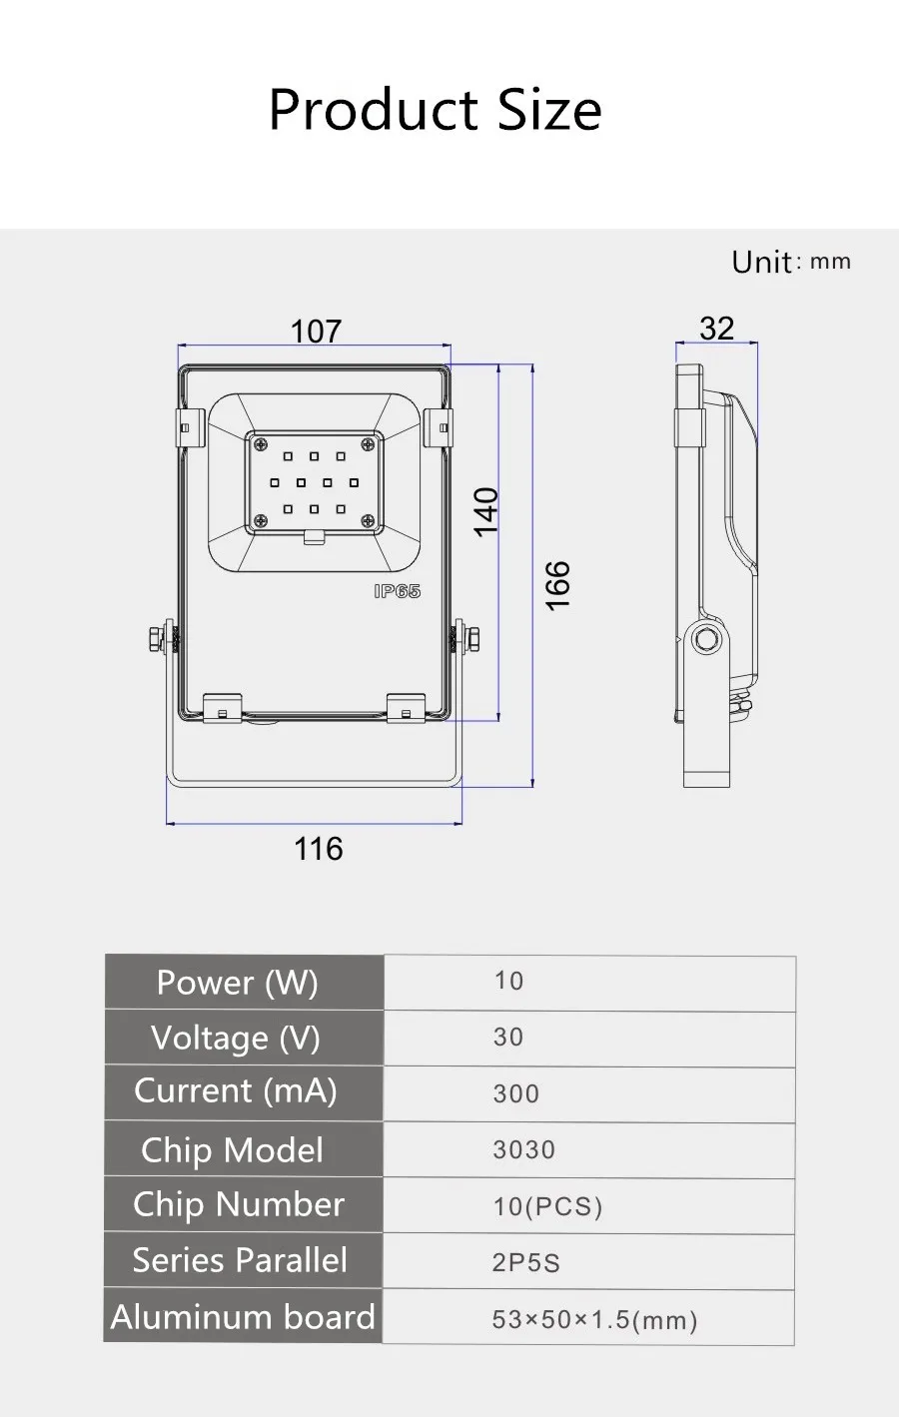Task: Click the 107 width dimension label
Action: (316, 332)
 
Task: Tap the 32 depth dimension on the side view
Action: (717, 329)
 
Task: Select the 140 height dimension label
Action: (486, 511)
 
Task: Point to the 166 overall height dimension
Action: (558, 585)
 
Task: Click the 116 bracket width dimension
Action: (319, 849)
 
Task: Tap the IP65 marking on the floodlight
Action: (398, 591)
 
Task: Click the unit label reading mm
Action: (830, 262)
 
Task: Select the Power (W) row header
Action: (238, 983)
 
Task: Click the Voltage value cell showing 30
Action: (508, 1037)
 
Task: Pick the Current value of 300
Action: (515, 1093)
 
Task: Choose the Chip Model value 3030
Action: (523, 1149)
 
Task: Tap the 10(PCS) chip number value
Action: (547, 1206)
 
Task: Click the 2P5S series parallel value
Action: (525, 1262)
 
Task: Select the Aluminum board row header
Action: (243, 1317)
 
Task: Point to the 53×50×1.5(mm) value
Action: (594, 1319)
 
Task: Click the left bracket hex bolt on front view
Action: (155, 639)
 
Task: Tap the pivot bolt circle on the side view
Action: (706, 638)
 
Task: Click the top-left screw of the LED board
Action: (260, 444)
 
